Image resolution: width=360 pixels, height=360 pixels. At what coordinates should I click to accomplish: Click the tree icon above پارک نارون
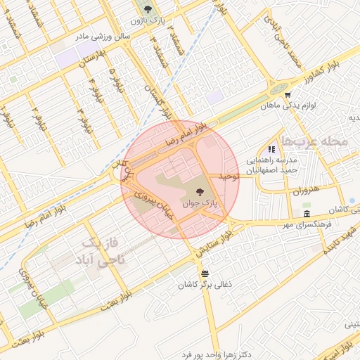[148, 9]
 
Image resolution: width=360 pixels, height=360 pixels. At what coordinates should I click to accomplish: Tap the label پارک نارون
[148, 20]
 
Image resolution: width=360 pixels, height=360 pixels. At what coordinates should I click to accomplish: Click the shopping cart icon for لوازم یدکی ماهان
[287, 95]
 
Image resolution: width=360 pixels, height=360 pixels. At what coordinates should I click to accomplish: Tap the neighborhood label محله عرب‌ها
[314, 141]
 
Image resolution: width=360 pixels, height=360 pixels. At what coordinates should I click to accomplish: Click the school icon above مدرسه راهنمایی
[271, 149]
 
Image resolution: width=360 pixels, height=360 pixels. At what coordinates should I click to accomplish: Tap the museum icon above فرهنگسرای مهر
[307, 214]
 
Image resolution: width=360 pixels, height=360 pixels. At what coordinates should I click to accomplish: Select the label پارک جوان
[199, 202]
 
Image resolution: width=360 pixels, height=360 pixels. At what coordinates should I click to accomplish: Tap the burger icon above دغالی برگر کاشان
[204, 273]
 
